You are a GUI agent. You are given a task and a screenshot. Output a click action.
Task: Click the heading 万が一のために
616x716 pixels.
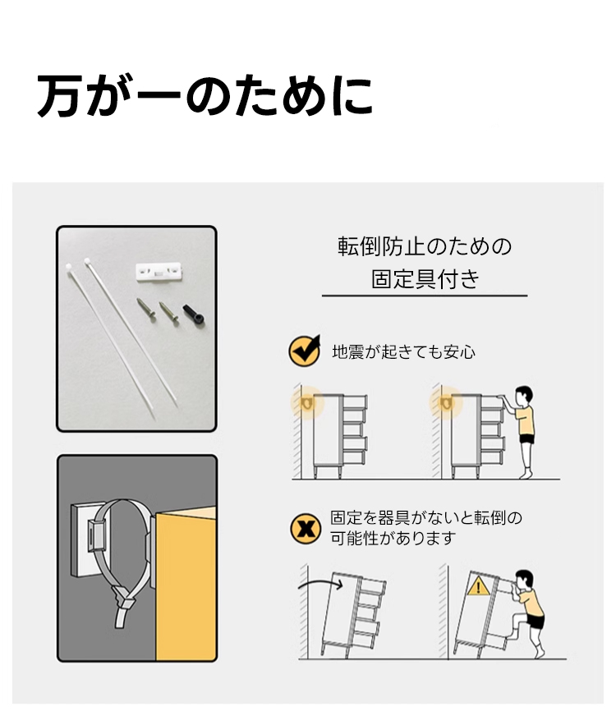(205, 96)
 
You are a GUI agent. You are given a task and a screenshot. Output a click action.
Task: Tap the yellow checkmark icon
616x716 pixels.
(305, 351)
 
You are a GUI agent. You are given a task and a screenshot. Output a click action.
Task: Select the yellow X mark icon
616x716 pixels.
(306, 529)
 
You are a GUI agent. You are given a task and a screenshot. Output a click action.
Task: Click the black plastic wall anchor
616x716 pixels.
(194, 314)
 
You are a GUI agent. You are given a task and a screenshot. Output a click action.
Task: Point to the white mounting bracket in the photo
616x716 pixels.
(159, 271)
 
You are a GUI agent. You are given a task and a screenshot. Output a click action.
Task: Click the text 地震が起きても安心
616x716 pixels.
(403, 352)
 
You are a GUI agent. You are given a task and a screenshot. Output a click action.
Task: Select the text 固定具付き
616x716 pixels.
(425, 279)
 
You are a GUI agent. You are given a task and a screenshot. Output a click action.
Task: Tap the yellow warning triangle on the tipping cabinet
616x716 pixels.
(478, 586)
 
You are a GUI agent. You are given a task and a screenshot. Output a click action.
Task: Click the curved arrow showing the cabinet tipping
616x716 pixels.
(320, 584)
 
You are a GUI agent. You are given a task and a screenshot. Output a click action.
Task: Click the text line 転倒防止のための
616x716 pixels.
(425, 246)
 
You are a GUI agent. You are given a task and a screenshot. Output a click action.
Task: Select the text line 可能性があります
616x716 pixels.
(393, 539)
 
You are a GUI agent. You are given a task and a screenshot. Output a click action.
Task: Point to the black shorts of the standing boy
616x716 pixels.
(527, 439)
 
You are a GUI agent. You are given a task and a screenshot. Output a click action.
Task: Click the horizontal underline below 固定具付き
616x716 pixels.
(425, 296)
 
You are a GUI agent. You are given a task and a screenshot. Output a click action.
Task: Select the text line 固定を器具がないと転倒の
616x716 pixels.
(426, 518)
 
